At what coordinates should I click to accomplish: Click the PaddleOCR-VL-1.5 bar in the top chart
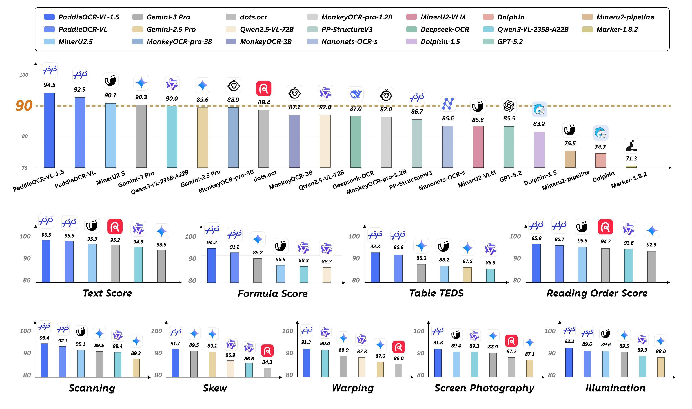point(49,130)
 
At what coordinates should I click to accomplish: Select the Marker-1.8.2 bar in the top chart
point(631,166)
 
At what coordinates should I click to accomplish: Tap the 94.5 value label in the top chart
point(50,85)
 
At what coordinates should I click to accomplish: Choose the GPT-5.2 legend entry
point(510,42)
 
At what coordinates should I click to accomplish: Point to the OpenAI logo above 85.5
point(509,106)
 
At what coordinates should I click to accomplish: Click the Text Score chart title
point(107,293)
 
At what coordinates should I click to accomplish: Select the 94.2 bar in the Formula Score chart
point(212,265)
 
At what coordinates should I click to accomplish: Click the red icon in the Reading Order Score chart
point(605,227)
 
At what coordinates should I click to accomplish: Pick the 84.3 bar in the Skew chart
point(267,372)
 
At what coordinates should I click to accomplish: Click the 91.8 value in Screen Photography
point(438,343)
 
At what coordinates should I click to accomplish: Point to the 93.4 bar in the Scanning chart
point(44,360)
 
